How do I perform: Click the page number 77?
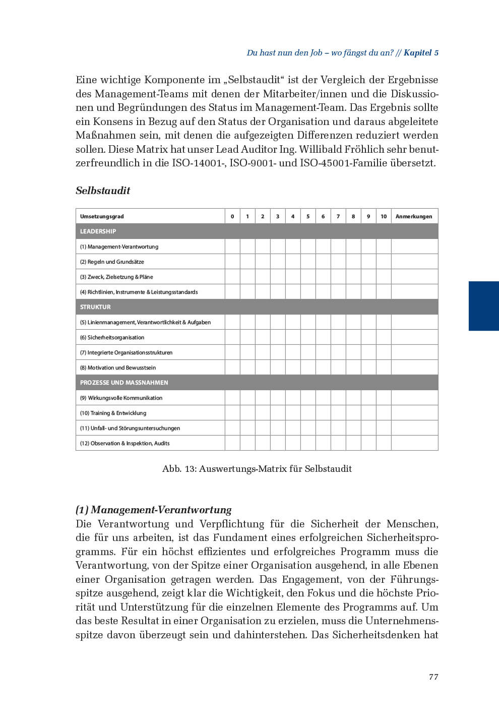pos(433,677)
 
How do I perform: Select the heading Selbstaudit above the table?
pos(103,191)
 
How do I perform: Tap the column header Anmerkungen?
pos(414,216)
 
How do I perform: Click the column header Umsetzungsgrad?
pos(102,216)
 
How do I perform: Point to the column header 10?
pos(384,216)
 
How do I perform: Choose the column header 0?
pos(232,216)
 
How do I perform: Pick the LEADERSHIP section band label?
pos(98,231)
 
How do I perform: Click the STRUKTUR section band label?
pos(95,307)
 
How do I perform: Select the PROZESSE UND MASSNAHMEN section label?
pos(124,383)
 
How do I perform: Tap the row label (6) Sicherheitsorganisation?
pos(112,337)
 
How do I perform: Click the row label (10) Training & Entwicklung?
pos(113,413)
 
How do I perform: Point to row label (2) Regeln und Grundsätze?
pos(112,262)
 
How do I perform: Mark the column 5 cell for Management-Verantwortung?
pos(308,247)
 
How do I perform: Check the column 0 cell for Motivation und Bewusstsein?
pos(232,368)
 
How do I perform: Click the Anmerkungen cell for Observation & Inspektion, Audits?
pos(414,443)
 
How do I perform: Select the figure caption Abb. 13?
pos(257,469)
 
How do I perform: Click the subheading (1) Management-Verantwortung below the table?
pos(154,509)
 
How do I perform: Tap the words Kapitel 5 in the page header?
pos(421,52)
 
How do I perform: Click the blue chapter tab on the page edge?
pos(483,306)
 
